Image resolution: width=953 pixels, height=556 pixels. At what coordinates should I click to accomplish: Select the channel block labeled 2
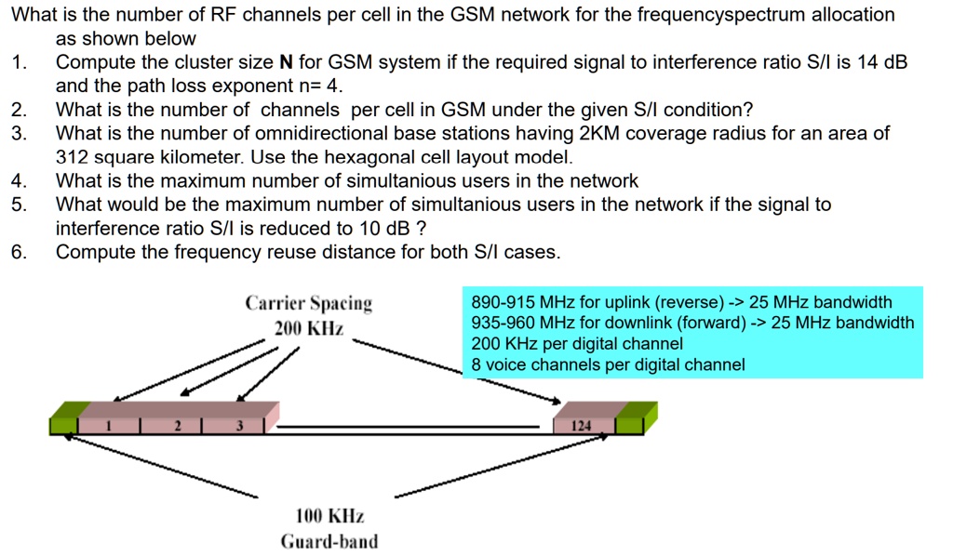175,426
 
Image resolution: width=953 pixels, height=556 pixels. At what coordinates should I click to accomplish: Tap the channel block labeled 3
239,426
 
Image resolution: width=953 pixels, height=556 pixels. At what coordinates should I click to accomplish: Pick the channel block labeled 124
582,426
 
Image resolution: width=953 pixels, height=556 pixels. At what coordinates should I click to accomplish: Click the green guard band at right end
633,420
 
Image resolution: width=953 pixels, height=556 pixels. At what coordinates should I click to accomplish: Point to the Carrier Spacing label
308,304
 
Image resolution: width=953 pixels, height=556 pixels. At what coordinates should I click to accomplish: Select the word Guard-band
329,542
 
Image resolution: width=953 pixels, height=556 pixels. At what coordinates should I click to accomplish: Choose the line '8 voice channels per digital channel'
608,364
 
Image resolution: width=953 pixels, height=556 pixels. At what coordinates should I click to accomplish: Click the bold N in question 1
286,63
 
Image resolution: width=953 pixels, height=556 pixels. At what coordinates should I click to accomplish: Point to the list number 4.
18,180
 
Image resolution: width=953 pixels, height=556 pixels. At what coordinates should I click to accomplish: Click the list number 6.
18,252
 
